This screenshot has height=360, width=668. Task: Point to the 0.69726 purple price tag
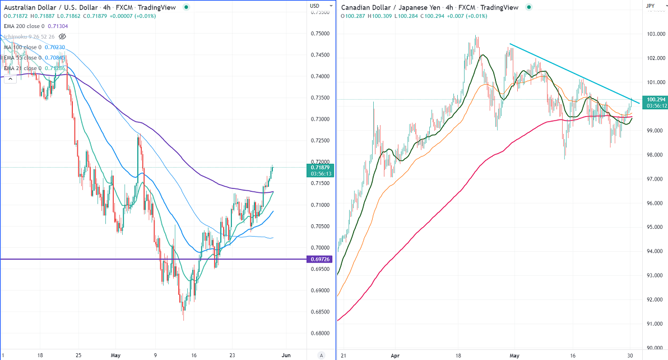coord(319,259)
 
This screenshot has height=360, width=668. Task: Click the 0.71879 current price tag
coord(319,167)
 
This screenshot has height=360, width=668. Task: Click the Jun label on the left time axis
coord(285,355)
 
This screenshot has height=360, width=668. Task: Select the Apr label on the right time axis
coord(396,355)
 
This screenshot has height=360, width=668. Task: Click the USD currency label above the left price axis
coord(314,6)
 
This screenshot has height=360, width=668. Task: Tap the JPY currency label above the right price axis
coord(650,6)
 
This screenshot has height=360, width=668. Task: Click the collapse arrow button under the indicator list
coord(10,80)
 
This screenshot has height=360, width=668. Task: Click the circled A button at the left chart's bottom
coord(321,355)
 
